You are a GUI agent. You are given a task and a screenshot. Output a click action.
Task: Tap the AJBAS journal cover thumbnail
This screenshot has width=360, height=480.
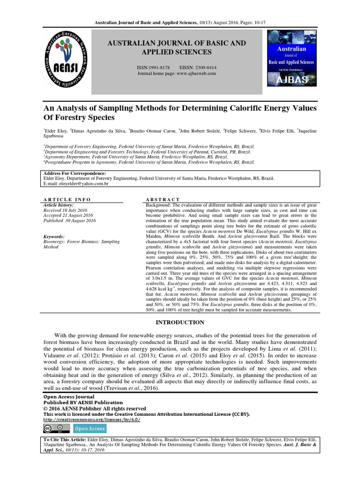coord(292,58)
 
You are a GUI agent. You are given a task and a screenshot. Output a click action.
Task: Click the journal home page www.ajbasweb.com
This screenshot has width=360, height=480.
coord(176,74)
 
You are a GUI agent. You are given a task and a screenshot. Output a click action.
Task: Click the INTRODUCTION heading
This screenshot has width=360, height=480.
coord(180,322)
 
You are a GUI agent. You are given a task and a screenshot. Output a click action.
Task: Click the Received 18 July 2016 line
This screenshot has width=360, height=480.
coord(65,210)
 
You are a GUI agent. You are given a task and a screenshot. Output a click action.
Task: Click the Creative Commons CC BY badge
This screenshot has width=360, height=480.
coord(53,428)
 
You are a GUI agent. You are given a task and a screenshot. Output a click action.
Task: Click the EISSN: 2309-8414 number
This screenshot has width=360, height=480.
coord(197,67)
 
